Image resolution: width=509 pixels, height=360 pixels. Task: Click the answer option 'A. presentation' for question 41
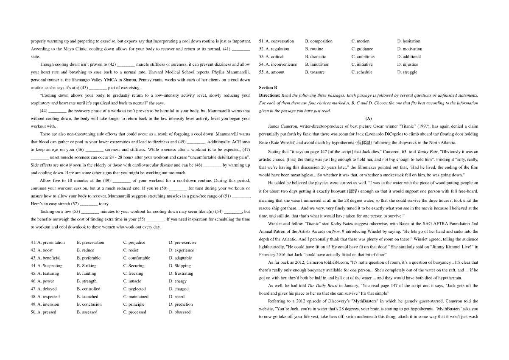(48, 243)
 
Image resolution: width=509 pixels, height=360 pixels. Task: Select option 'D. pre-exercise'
(182, 243)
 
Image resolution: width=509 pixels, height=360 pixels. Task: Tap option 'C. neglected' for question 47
(135, 289)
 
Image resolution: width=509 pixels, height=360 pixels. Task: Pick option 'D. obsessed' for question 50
(179, 312)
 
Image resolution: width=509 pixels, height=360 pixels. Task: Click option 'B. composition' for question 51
(319, 41)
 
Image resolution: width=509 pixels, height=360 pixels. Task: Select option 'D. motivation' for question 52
(409, 49)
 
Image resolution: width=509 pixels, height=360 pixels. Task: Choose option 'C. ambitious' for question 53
(363, 56)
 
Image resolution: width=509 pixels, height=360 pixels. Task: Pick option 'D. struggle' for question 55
(407, 72)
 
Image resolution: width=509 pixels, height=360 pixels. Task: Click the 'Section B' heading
(268, 87)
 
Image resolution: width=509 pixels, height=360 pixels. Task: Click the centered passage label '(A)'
(368, 118)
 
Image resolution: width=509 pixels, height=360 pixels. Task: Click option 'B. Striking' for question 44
(87, 266)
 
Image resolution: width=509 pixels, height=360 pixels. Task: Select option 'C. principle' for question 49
(134, 304)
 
